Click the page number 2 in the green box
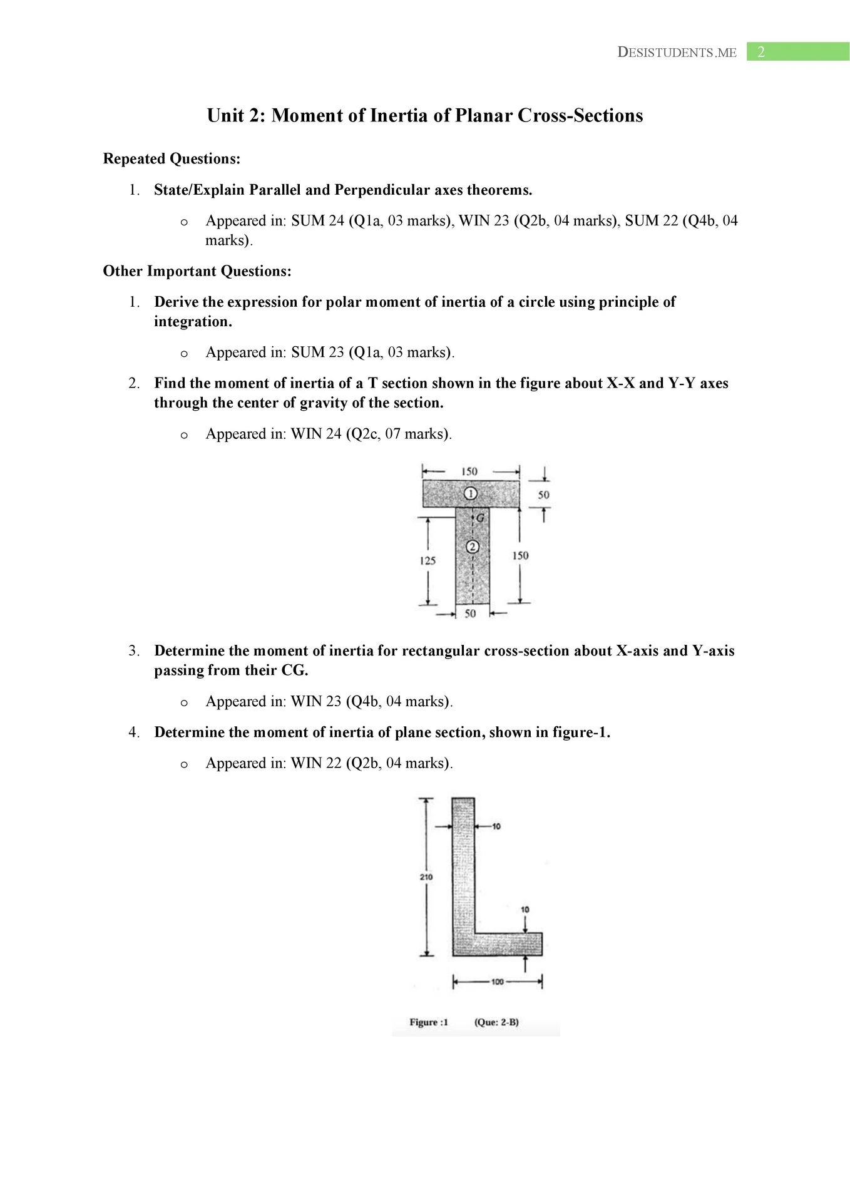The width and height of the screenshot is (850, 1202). tap(761, 52)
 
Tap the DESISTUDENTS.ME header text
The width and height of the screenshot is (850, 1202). tap(677, 53)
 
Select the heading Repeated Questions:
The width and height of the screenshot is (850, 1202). tap(172, 159)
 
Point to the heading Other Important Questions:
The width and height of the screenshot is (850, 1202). tap(197, 271)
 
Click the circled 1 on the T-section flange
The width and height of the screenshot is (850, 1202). tap(471, 494)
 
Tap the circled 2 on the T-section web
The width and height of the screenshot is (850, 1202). tap(473, 547)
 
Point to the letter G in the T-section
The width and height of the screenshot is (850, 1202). tap(480, 518)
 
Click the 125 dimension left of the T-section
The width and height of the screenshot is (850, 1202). tap(428, 560)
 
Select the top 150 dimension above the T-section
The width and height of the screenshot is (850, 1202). tap(469, 471)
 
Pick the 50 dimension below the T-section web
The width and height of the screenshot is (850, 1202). tap(470, 614)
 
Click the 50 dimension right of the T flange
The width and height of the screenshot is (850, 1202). tap(543, 495)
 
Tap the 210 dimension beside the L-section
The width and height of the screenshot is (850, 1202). tap(426, 877)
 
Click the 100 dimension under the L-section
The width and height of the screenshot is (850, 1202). tap(497, 982)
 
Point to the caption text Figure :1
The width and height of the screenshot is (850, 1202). tap(429, 1022)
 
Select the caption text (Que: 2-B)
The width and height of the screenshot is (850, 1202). tap(496, 1022)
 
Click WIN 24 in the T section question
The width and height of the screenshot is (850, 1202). tap(316, 434)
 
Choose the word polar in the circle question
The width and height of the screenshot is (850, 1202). tap(342, 302)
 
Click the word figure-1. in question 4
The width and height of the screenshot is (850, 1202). tap(581, 732)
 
